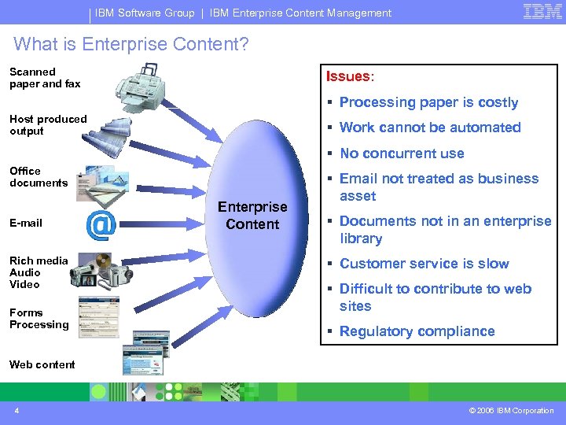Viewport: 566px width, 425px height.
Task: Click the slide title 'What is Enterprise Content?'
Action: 131,44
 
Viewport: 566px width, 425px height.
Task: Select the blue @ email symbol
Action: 101,225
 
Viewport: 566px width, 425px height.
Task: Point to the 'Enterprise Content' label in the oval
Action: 252,216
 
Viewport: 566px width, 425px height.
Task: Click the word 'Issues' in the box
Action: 347,76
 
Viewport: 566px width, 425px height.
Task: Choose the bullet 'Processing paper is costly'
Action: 428,102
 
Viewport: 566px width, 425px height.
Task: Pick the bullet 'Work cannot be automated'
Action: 430,128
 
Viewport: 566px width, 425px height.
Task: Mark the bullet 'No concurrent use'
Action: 402,153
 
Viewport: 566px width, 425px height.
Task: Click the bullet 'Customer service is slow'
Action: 424,264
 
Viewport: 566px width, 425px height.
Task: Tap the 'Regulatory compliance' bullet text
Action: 417,331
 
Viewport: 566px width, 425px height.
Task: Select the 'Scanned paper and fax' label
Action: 45,77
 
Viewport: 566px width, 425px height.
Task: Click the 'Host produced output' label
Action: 48,125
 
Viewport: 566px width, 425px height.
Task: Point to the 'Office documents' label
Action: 39,176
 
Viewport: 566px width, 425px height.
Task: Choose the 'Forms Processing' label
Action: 39,318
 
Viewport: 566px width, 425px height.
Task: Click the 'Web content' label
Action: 42,364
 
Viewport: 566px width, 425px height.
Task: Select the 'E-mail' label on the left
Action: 26,223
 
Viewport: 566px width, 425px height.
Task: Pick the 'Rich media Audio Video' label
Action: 39,272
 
